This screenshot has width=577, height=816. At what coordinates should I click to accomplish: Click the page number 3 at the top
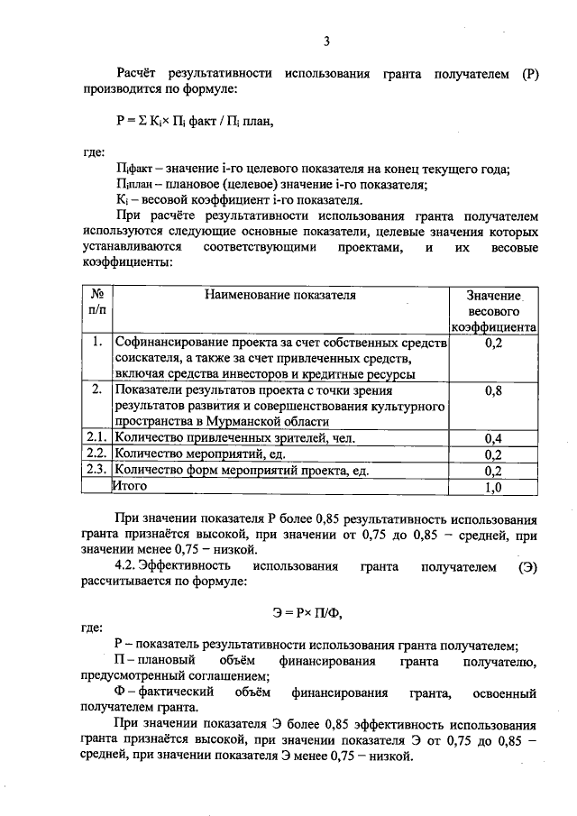coord(327,41)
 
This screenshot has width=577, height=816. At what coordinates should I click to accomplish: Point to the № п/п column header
coord(96,303)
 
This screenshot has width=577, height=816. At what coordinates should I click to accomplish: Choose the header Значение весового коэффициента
coord(493,311)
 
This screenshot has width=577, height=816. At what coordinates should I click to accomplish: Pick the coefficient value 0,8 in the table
coord(493,392)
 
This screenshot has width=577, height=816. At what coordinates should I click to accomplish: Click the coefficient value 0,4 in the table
coord(493,439)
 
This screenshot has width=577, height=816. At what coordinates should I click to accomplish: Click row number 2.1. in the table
coord(96,438)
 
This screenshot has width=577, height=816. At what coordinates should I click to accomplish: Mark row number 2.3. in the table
coord(96,470)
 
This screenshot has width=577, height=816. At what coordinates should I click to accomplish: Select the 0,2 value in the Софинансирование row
coord(493,344)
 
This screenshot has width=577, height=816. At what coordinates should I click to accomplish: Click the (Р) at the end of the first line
coord(529,75)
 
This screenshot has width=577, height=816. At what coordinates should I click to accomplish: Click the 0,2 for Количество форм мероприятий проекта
coord(493,471)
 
